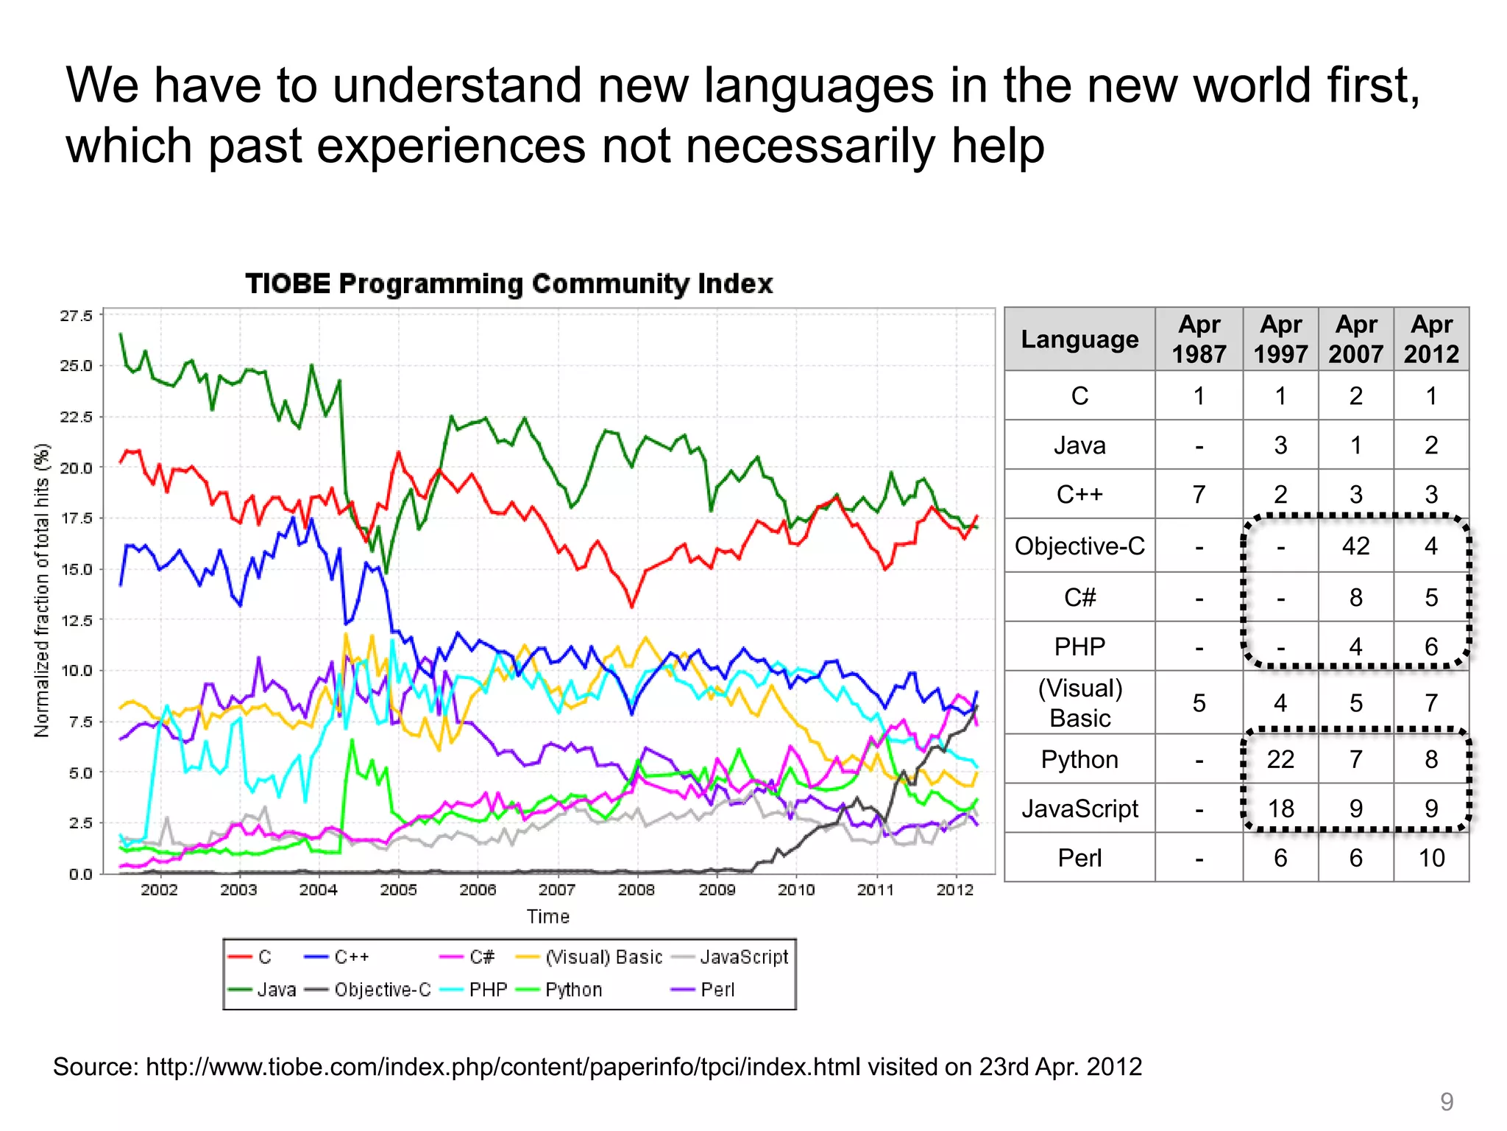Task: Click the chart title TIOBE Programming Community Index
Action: point(508,283)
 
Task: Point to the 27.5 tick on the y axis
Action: point(77,316)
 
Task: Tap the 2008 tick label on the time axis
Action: point(637,890)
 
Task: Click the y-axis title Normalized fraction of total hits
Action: point(42,590)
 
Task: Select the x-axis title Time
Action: point(548,917)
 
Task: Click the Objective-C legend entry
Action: point(382,990)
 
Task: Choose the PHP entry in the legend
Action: point(488,990)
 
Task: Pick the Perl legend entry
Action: point(717,990)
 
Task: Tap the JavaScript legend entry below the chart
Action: point(744,957)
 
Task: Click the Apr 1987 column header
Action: point(1199,339)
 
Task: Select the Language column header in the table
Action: point(1079,339)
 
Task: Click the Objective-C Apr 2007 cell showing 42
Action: point(1355,546)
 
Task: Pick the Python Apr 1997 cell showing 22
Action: point(1280,759)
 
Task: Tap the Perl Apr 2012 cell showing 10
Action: point(1431,858)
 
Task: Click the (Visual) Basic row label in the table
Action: point(1079,703)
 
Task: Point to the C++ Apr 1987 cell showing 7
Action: point(1199,494)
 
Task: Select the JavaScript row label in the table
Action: point(1079,808)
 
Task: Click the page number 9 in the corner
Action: point(1447,1102)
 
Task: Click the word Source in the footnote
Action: point(95,1067)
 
